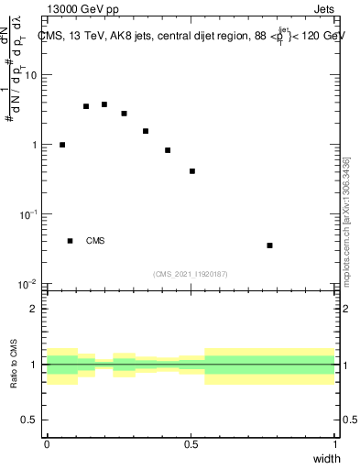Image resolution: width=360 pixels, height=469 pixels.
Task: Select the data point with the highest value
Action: pos(104,104)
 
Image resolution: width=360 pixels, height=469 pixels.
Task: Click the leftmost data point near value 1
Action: pos(62,145)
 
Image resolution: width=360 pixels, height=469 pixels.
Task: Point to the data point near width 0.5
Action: pos(192,171)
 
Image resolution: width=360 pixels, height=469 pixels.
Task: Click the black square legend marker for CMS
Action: pos(71,241)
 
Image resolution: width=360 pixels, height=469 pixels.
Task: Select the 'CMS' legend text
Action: pos(95,241)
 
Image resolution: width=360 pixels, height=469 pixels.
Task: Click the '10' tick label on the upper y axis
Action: pos(31,75)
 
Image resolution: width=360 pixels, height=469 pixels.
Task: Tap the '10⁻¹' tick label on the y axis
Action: pos(27,213)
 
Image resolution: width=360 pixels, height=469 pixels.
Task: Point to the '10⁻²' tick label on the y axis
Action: pos(27,284)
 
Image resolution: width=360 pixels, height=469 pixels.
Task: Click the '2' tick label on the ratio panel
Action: pos(35,309)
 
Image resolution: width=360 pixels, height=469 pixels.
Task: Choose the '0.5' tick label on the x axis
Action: pos(191,444)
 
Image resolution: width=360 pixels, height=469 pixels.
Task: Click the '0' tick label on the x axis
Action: pos(47,444)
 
